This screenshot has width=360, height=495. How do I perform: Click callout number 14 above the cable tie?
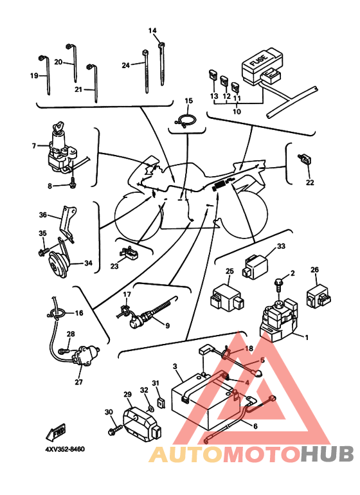coord(152,31)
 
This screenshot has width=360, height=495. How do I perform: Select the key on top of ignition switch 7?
coord(58,128)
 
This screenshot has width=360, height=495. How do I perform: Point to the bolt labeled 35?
coord(44,251)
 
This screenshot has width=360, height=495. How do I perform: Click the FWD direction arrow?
coord(55,432)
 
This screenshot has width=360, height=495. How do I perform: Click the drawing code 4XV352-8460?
coord(65,449)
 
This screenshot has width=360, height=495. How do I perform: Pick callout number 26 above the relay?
coord(314,269)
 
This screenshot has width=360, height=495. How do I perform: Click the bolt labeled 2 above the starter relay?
coord(279,285)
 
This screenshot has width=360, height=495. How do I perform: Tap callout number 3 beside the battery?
coord(175,366)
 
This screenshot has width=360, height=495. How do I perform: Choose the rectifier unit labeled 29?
coord(141,424)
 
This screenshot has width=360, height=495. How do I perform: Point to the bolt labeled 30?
coord(114,430)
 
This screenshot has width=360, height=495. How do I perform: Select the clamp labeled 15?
coord(186,121)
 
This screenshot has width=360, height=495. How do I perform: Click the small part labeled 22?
coord(305,159)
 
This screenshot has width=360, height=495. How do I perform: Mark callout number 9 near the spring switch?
coord(167,325)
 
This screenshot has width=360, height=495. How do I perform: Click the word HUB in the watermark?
coord(327,454)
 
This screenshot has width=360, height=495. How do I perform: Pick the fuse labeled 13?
coord(213,76)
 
